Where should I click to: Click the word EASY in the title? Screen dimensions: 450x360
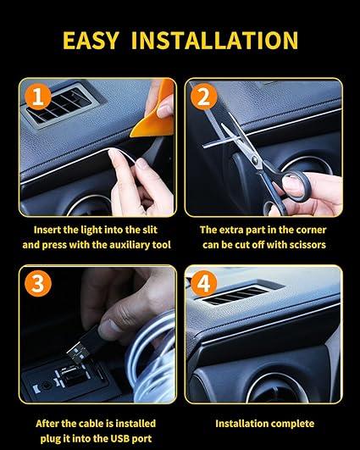[x=96, y=40]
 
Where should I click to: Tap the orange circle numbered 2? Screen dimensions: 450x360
[x=202, y=97]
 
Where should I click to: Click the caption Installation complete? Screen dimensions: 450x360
[x=264, y=423]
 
